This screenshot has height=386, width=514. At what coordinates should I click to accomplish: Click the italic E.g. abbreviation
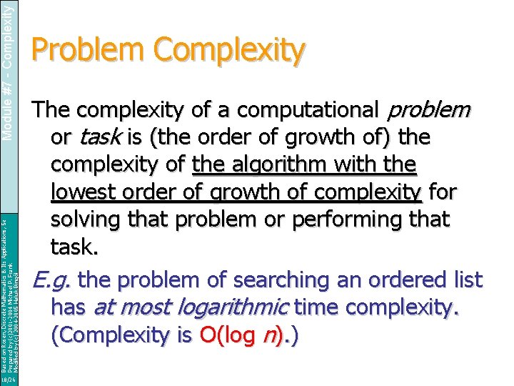[x=49, y=280]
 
